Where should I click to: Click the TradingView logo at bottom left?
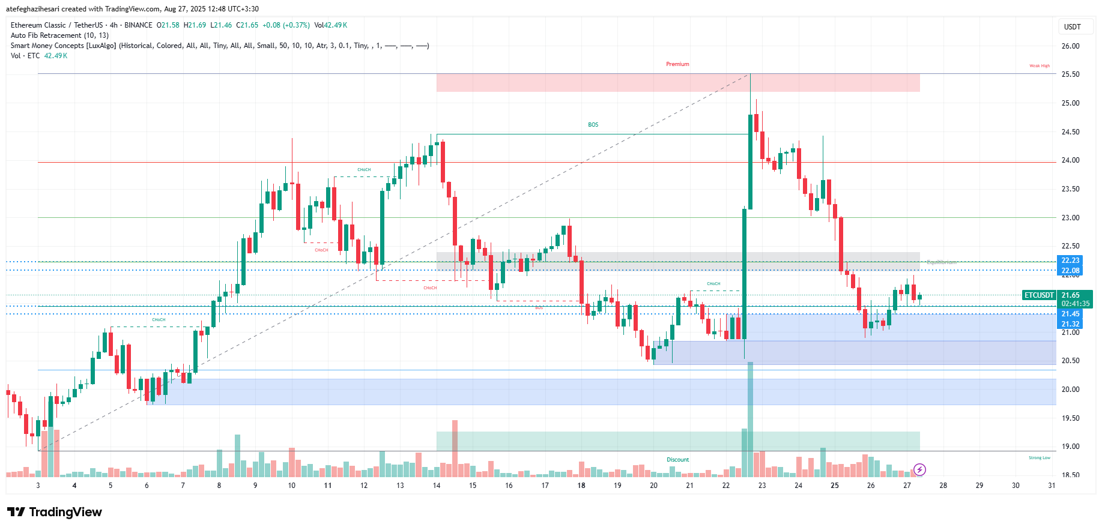(x=54, y=512)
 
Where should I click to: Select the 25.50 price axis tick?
(x=1070, y=74)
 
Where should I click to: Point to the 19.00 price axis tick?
(x=1070, y=447)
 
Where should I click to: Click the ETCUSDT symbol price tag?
(x=1039, y=295)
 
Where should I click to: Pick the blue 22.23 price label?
(x=1070, y=260)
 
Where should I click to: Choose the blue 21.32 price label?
(x=1070, y=324)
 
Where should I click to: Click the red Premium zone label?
(x=677, y=64)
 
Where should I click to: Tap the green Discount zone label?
(x=677, y=460)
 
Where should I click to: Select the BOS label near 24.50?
(x=593, y=125)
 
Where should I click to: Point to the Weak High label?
(x=1040, y=66)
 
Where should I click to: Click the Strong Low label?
(x=1040, y=458)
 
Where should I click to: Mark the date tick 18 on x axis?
(x=581, y=486)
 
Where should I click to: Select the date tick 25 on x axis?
(x=834, y=486)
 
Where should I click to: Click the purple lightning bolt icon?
(x=919, y=469)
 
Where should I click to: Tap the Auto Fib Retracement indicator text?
(x=59, y=35)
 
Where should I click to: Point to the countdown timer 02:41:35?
(x=1075, y=304)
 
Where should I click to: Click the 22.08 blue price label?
(x=1070, y=271)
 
